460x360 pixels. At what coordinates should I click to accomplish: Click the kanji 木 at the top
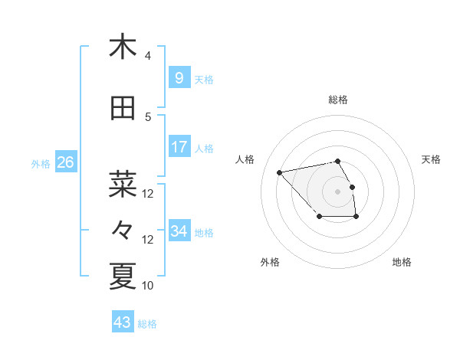click(x=123, y=47)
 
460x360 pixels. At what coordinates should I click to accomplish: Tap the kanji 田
click(x=123, y=108)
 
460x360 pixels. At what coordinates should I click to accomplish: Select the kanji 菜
click(x=123, y=182)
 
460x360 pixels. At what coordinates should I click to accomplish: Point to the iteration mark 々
click(x=123, y=228)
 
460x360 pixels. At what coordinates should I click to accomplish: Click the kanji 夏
click(x=123, y=275)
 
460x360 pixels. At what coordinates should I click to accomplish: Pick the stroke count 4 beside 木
click(x=148, y=56)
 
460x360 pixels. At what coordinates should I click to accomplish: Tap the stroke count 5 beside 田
click(x=148, y=117)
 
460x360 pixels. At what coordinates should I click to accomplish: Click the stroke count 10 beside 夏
click(x=148, y=286)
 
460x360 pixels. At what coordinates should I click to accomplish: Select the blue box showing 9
click(x=179, y=77)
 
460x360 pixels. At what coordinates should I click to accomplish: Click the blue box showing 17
click(x=179, y=146)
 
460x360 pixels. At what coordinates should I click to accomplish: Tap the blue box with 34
click(x=179, y=231)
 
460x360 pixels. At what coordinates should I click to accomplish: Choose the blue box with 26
click(x=65, y=162)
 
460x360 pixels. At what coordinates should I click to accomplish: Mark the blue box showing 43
click(x=122, y=322)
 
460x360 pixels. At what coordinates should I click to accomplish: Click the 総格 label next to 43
click(x=148, y=324)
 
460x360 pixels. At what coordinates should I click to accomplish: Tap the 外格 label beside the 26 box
click(x=41, y=163)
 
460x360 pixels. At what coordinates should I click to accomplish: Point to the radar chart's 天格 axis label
click(x=432, y=159)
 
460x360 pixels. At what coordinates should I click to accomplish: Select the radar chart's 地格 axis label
click(x=402, y=262)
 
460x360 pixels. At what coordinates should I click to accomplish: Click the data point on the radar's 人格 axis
click(x=280, y=172)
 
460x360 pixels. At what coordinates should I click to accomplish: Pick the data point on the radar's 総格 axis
click(x=337, y=161)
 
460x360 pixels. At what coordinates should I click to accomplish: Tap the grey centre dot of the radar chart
click(x=337, y=191)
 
